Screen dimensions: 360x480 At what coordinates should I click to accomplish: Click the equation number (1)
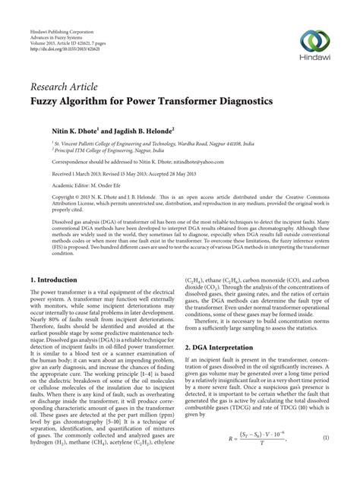[324, 459]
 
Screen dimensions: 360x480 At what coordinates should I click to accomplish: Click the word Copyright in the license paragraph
[44, 194]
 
